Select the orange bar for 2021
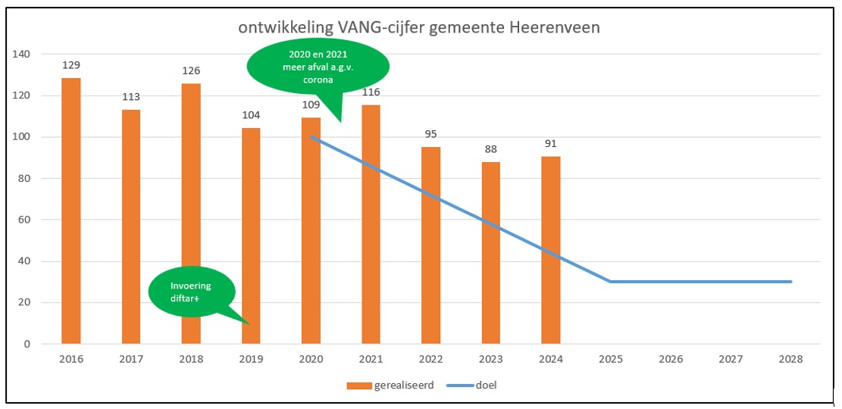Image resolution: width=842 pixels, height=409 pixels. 371,224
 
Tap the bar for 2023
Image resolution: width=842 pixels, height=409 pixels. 490,253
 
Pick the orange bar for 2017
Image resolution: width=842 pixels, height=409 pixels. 131,226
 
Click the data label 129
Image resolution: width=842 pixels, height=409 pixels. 71,66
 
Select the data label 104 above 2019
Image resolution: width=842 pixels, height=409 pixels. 251,115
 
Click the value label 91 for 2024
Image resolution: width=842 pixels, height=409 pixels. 550,144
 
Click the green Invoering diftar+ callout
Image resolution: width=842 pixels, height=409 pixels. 191,292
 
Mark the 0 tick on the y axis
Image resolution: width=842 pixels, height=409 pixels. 27,345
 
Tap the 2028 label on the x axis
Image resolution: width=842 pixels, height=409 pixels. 790,359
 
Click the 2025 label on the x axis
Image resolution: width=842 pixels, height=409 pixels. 610,359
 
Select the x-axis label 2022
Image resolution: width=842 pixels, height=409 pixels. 430,359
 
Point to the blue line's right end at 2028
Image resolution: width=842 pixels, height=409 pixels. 790,282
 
